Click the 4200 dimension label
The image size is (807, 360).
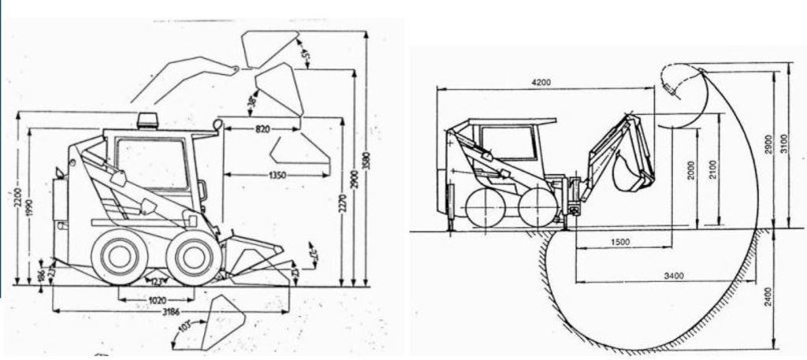[540, 83]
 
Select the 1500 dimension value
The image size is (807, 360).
[619, 242]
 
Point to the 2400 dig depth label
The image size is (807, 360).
[768, 296]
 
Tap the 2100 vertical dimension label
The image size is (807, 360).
[712, 172]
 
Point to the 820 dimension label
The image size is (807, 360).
[262, 128]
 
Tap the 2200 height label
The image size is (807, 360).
[17, 202]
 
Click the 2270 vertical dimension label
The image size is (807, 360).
[342, 206]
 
